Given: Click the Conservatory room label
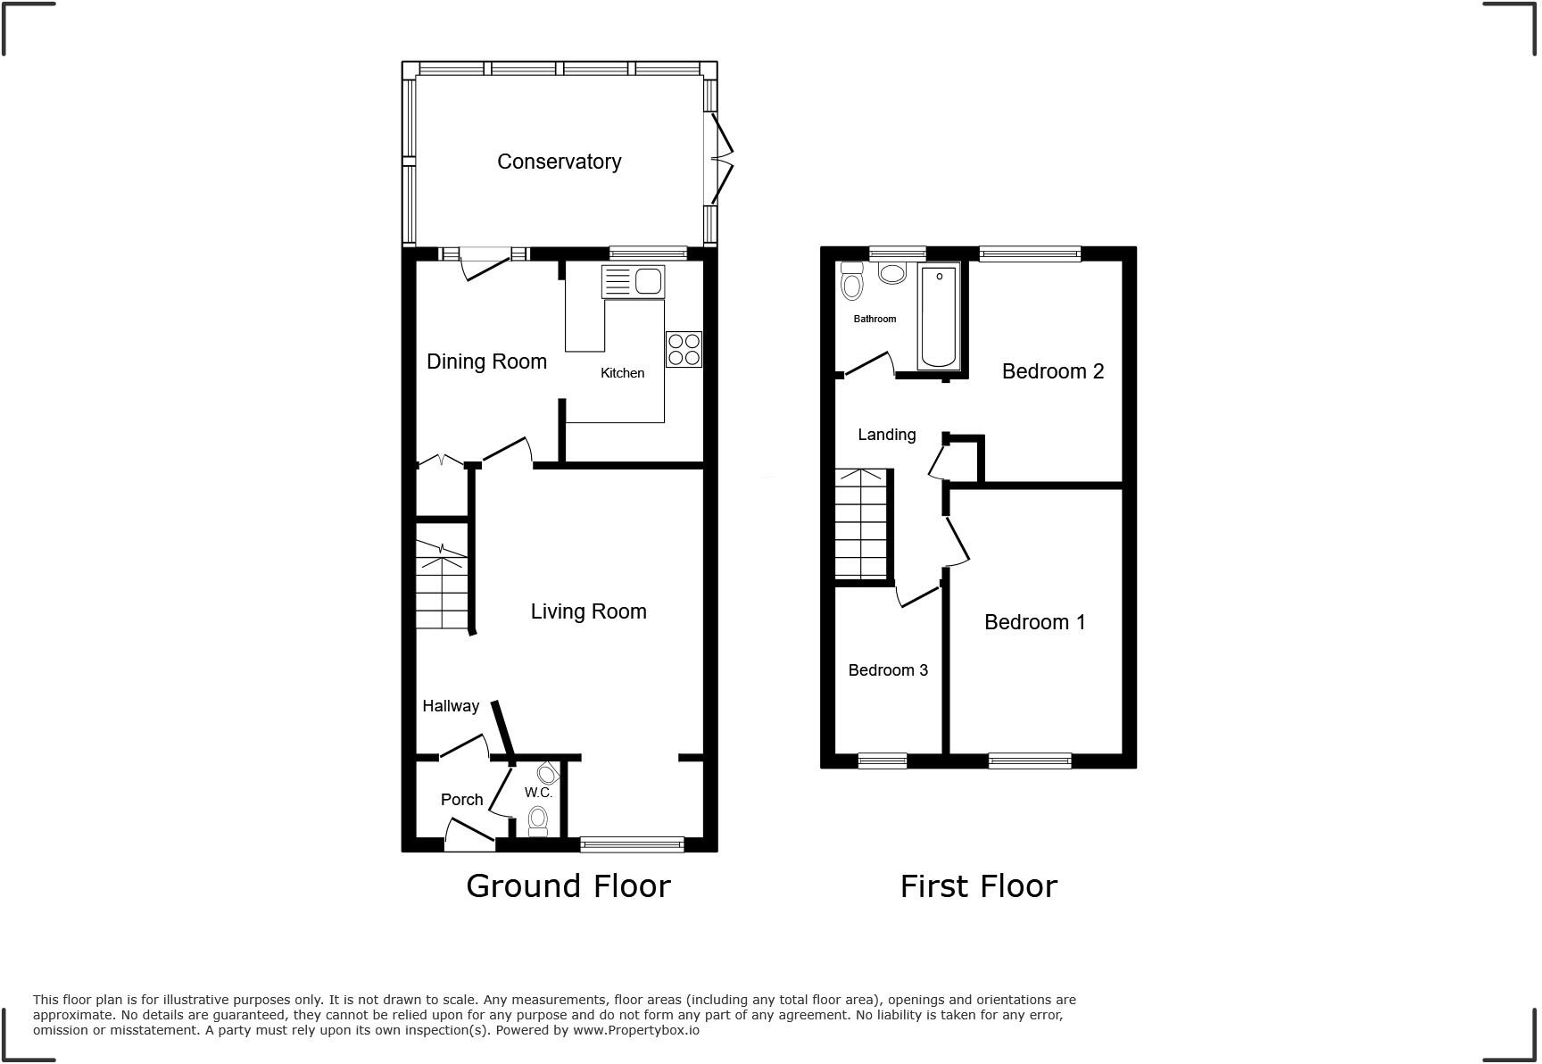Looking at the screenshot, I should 559,162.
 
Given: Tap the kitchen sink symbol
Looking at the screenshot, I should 634,281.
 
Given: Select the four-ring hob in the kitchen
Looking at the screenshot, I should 684,349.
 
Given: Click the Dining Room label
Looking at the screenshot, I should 486,362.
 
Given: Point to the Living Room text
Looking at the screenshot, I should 588,611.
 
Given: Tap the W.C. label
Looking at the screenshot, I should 538,793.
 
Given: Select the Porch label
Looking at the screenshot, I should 461,800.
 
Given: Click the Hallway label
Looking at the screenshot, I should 451,706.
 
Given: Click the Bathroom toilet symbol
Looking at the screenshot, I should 852,283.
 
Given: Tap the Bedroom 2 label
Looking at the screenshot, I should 1053,371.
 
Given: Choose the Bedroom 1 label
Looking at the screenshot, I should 1034,622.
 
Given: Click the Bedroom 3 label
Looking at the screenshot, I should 888,670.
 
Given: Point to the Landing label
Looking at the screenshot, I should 886,435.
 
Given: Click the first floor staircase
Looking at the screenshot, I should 862,524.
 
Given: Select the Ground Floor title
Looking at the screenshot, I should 568,885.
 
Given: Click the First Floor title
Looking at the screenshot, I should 978,885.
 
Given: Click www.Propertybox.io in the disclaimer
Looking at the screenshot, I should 635,1030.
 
